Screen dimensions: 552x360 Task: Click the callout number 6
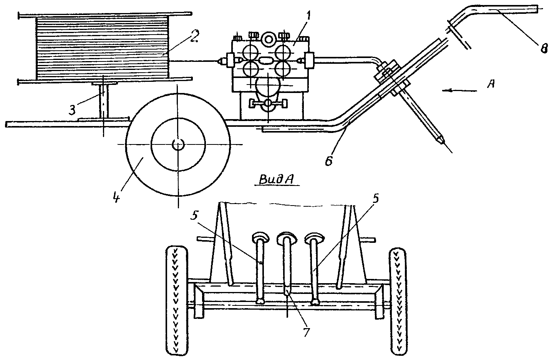(x=329, y=160)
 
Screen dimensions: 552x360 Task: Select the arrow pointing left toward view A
(x=459, y=91)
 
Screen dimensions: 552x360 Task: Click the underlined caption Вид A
(x=276, y=180)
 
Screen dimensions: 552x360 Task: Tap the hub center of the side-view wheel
(x=178, y=144)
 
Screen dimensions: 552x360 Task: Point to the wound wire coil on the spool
(x=102, y=47)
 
